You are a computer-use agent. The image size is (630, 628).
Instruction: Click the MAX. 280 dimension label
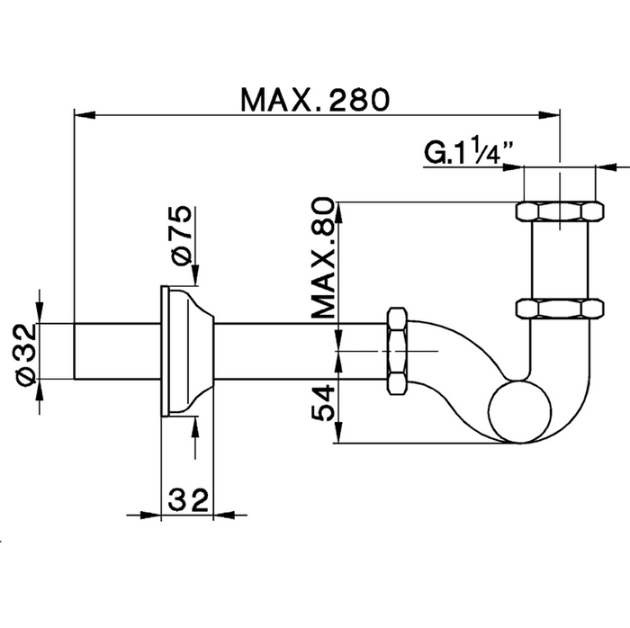[x=315, y=100]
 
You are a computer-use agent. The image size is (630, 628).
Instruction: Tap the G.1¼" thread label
[x=469, y=151]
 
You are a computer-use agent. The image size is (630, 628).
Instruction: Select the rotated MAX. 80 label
[x=323, y=258]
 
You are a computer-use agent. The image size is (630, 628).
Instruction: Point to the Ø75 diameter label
[x=182, y=236]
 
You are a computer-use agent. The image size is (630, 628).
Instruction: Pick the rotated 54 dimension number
[x=323, y=403]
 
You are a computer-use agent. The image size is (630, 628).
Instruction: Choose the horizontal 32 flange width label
[x=188, y=500]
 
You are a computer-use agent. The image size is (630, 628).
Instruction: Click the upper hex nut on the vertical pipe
[x=560, y=211]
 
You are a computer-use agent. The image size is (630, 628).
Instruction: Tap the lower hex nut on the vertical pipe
[x=560, y=309]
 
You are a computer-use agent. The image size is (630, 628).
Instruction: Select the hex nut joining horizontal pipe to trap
[x=398, y=351]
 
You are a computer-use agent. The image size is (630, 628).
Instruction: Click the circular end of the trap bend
[x=520, y=411]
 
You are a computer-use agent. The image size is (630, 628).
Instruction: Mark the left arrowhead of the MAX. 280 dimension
[x=85, y=115]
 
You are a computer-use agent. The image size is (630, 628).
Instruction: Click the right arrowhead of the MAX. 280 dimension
[x=549, y=115]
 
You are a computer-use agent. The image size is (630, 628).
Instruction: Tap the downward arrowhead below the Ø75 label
[x=195, y=275]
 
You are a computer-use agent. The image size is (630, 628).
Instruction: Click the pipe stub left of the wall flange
[x=117, y=351]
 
